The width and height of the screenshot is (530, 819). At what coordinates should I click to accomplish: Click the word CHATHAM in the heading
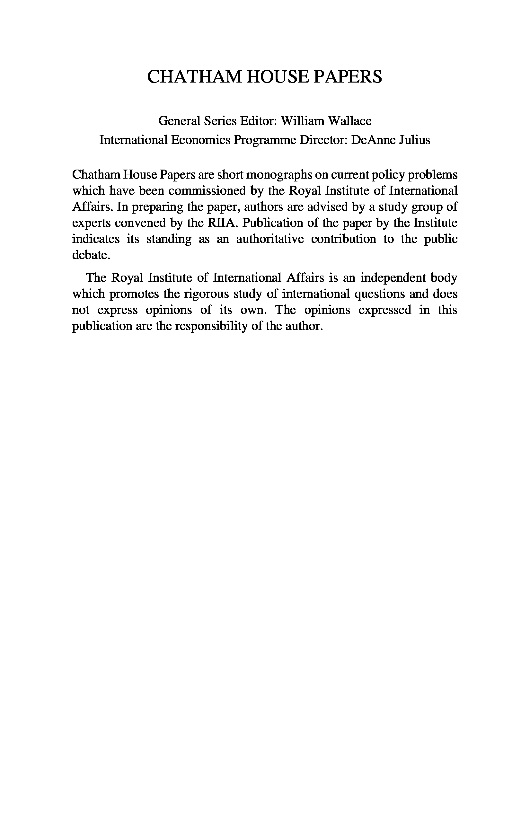pos(194,77)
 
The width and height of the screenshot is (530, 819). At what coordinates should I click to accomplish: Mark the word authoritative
pos(270,239)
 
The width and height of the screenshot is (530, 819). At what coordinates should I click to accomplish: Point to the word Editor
pos(259,121)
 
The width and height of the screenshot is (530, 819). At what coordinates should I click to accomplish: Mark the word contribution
pos(343,239)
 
